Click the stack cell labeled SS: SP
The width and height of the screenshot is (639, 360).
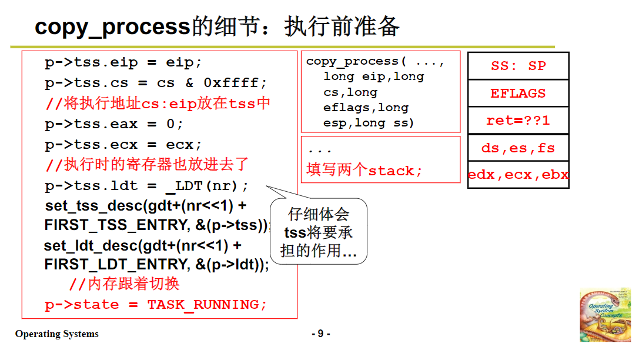click(518, 66)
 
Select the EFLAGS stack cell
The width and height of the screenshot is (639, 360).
click(518, 94)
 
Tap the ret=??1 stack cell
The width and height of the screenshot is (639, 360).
click(518, 121)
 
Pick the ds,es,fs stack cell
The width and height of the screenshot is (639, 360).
click(518, 148)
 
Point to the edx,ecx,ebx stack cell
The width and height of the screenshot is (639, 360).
click(518, 175)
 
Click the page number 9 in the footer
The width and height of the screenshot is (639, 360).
click(320, 334)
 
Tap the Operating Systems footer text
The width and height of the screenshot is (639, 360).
click(57, 334)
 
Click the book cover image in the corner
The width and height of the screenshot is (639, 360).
click(605, 315)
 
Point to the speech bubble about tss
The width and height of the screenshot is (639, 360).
click(319, 232)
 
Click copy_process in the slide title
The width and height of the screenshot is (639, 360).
click(112, 27)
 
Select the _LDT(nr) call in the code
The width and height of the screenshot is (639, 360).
click(207, 186)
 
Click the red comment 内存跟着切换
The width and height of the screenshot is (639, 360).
click(125, 284)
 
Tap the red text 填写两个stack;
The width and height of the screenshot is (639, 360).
click(364, 171)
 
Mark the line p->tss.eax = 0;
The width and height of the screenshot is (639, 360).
click(114, 124)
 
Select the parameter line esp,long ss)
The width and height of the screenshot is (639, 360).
click(369, 123)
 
